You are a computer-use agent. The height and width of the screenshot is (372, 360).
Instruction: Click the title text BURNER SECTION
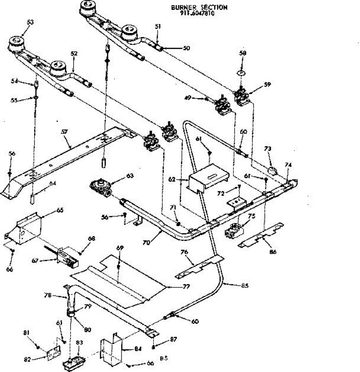[199, 7]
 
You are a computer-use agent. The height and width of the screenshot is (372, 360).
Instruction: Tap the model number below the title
[197, 14]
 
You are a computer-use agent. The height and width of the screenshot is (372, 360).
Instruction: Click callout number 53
[30, 22]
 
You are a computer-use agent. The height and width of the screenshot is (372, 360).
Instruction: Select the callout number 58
[243, 53]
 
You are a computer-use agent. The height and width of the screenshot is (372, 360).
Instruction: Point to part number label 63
[130, 176]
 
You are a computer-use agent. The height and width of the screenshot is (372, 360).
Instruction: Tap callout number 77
[186, 287]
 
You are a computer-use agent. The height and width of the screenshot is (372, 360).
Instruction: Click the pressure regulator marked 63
[100, 188]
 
